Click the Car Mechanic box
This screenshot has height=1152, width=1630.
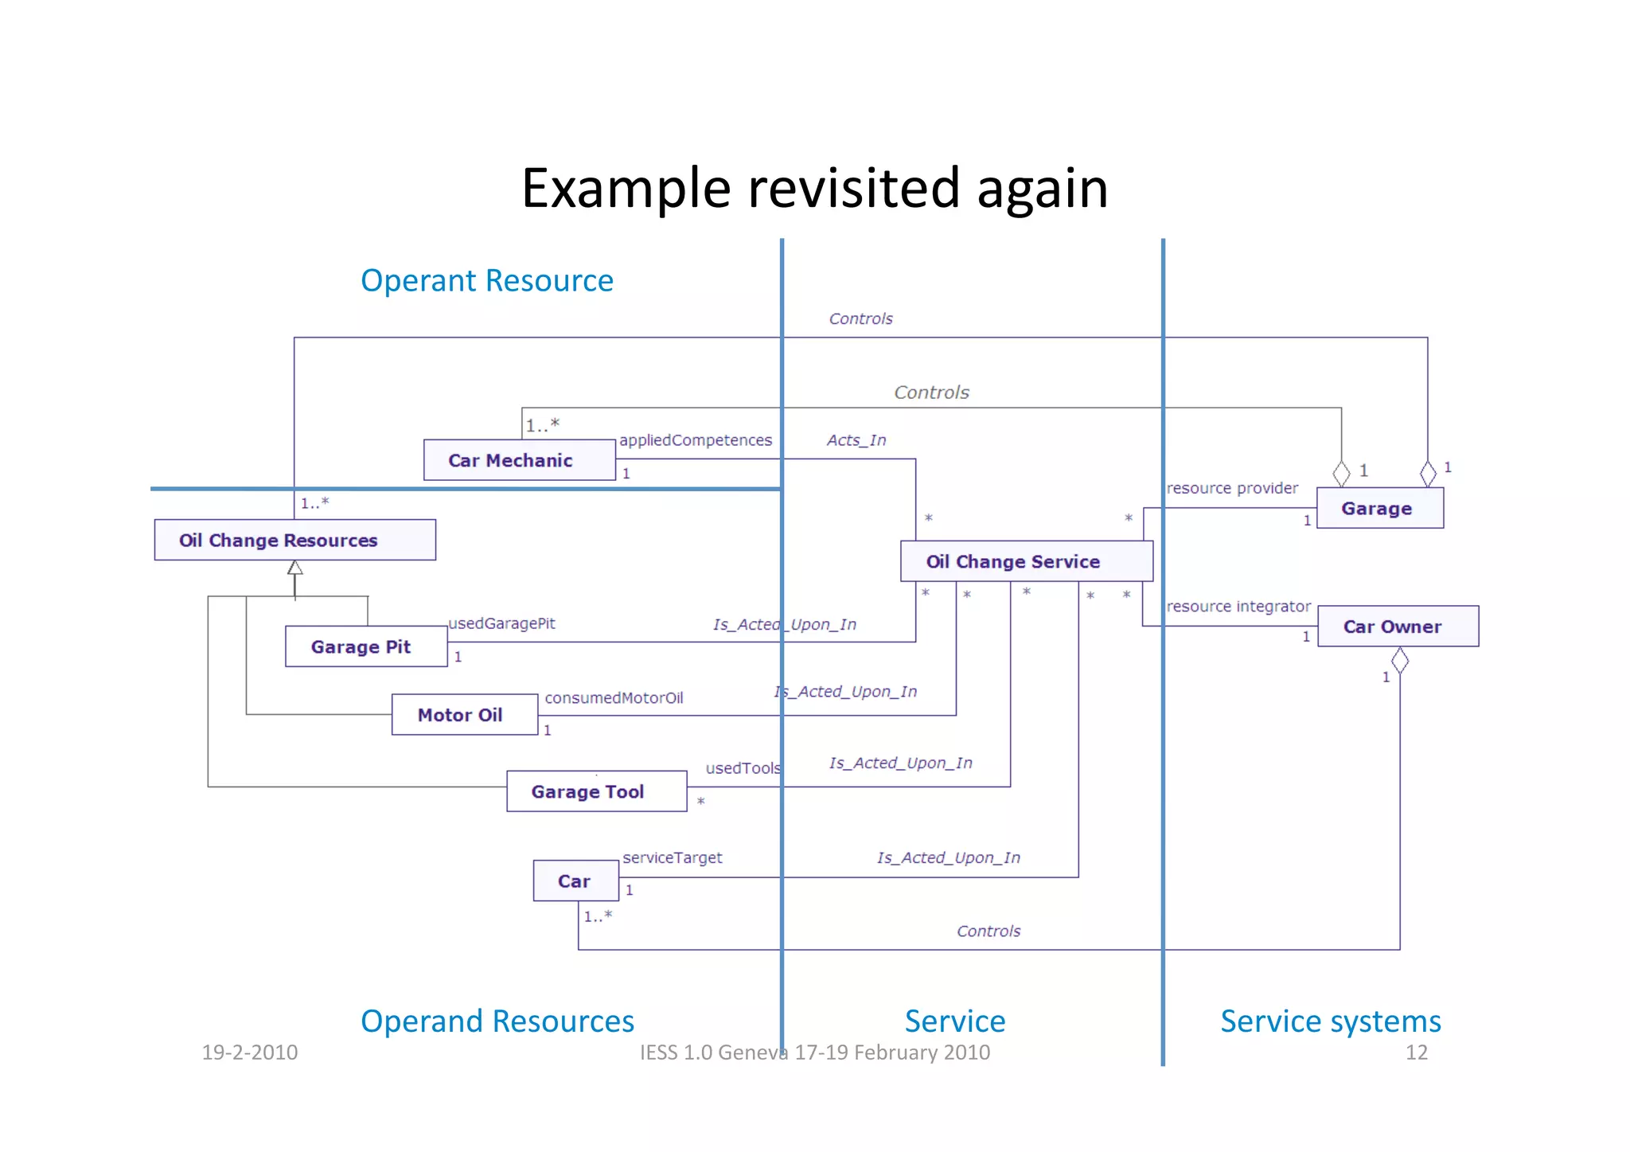point(519,460)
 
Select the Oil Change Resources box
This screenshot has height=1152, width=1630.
point(294,541)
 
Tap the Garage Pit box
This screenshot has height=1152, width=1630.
point(365,646)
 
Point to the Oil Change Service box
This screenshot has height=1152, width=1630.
point(1025,562)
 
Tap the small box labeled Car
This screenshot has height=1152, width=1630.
point(575,881)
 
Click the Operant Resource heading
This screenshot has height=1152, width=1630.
point(486,281)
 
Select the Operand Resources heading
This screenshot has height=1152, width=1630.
point(497,1021)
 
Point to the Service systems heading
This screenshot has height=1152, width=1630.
point(1330,1021)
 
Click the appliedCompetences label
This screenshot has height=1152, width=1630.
point(695,440)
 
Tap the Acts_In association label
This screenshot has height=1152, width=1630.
point(856,440)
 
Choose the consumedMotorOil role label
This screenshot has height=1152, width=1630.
point(613,698)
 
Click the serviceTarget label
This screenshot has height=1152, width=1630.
point(672,857)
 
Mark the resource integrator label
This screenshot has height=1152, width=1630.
point(1238,607)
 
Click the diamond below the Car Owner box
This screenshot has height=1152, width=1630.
point(1399,660)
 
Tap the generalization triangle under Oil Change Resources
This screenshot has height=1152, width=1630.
point(295,568)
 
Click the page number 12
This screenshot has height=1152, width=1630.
point(1416,1052)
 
